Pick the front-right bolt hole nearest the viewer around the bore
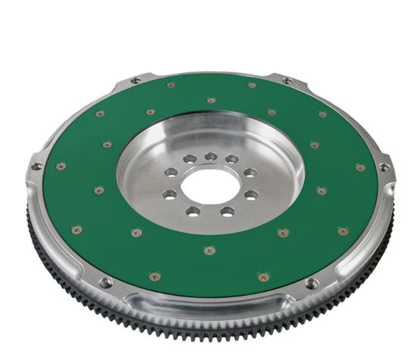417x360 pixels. [x=225, y=210]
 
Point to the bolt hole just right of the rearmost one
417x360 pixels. [x=232, y=159]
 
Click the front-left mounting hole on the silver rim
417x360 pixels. [x=106, y=282]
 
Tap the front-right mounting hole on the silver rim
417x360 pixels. [x=310, y=283]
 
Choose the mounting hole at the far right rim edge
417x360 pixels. [x=383, y=167]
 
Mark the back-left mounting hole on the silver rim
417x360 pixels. [x=135, y=80]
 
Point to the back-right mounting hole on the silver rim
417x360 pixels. [x=287, y=80]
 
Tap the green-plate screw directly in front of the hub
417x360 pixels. [x=209, y=249]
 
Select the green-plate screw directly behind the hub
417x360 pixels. [x=211, y=99]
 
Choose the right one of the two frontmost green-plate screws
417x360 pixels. [x=263, y=277]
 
